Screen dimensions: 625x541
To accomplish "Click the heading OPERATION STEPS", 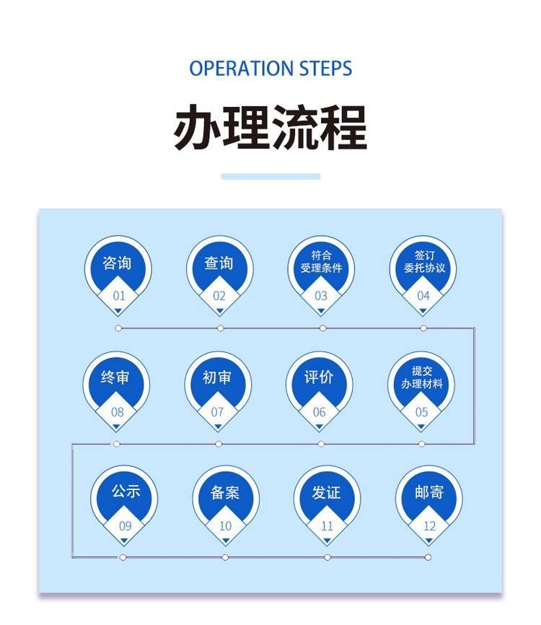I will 270,69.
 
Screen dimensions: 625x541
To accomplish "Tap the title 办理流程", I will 270,128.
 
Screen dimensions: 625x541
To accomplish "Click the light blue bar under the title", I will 270,176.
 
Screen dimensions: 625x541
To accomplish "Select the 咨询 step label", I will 118,263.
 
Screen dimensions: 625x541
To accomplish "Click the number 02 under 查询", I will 219,296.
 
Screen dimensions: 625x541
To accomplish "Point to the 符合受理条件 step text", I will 321,262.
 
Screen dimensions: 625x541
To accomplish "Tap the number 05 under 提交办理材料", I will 421,413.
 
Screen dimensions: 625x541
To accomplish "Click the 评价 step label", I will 319,377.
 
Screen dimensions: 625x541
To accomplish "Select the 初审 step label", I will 217,377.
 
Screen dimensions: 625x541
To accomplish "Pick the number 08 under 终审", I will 117,413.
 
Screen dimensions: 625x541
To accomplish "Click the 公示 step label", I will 126,491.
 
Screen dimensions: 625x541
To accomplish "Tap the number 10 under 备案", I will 225,527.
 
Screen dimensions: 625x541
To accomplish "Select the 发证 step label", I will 327,493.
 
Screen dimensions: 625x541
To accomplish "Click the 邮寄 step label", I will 429,493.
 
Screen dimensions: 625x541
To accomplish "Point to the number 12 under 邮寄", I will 429,527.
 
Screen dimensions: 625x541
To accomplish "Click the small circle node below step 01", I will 118,328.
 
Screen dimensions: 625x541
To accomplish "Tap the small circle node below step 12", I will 428,557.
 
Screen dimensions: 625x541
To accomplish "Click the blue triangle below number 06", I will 319,426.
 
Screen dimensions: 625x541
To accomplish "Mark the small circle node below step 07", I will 219,444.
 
